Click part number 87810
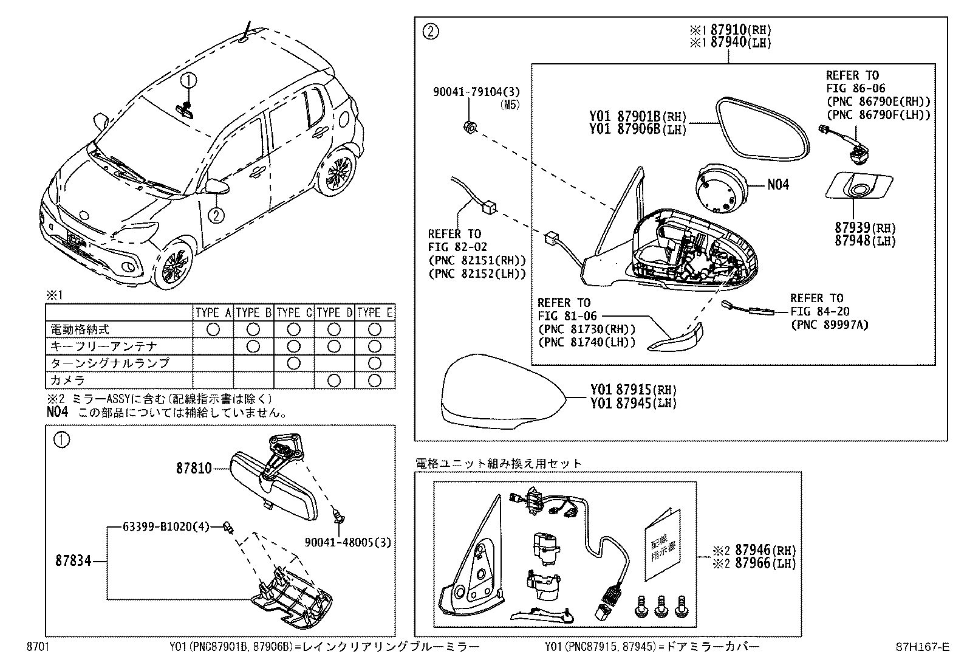tap(194, 468)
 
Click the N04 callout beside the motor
tap(778, 184)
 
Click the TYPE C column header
tap(294, 313)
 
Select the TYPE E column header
tap(375, 313)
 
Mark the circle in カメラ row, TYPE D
tap(333, 380)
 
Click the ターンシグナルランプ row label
tap(109, 363)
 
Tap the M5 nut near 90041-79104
tap(469, 126)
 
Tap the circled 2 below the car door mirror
tap(215, 214)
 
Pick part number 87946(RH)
tap(764, 550)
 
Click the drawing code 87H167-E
tap(925, 648)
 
